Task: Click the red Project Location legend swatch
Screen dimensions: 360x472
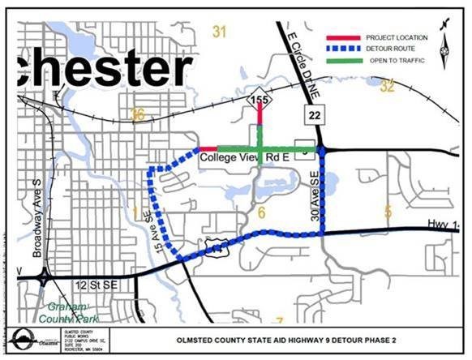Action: tap(343, 38)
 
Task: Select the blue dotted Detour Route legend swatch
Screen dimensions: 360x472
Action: tap(343, 49)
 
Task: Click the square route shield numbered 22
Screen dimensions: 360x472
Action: tap(315, 117)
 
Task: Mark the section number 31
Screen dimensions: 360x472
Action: tap(218, 32)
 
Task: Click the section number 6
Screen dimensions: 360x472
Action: tap(261, 212)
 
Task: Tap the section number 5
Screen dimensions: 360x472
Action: tap(388, 212)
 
